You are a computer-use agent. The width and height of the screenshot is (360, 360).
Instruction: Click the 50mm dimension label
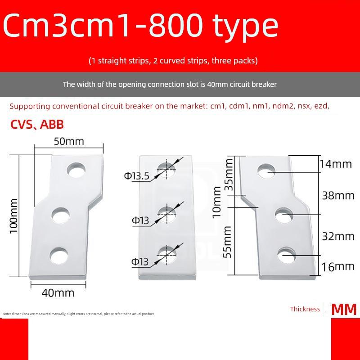69,141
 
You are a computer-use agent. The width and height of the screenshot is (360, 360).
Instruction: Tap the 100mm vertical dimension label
14,215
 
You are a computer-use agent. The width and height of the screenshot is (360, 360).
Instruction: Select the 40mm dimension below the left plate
58,292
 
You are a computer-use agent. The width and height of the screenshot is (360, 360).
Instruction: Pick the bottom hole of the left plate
58,255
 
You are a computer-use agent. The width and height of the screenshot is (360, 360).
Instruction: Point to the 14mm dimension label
335,163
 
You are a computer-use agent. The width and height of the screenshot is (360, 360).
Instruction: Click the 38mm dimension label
338,195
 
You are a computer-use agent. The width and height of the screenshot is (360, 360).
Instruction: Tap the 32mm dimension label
338,236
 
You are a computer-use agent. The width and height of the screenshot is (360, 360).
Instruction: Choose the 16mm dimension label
338,266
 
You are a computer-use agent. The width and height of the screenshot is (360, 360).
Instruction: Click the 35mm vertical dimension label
229,174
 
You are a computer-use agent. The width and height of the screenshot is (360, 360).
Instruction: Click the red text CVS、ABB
37,125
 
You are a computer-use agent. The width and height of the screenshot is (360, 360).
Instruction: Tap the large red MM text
344,310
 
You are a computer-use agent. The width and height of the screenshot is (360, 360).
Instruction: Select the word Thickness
305,309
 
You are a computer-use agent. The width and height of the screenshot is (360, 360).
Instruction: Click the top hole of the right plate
266,171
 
